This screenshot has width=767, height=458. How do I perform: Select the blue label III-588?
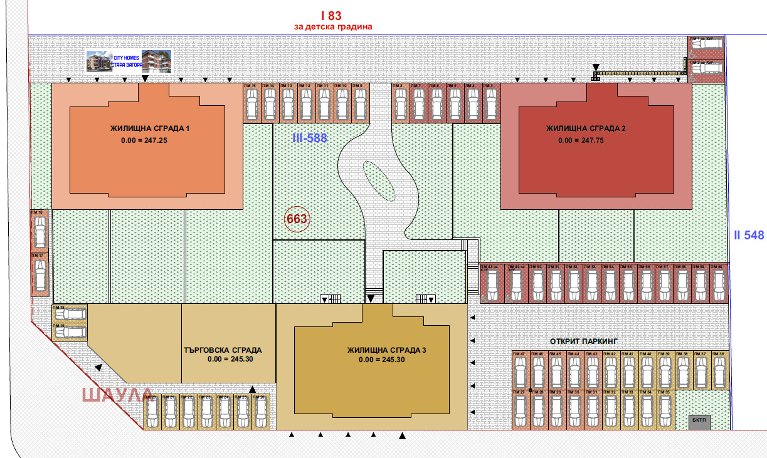pos(310,138)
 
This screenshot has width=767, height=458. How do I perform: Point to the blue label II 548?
pos(749,236)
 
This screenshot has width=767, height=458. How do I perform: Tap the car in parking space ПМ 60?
pos(718,286)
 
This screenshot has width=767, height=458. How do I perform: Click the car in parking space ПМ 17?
pos(40,274)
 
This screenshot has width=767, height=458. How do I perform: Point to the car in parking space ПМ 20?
pos(152,414)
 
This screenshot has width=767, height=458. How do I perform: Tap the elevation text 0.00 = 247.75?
pos(582,140)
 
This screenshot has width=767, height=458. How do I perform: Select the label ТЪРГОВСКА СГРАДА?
pos(223,350)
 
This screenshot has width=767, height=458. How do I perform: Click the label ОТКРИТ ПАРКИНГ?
pos(584,341)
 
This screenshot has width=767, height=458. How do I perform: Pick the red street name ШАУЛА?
pos(117,395)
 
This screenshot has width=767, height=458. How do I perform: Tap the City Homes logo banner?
pos(129,62)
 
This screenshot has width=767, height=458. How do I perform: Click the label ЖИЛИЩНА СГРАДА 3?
pos(386,350)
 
